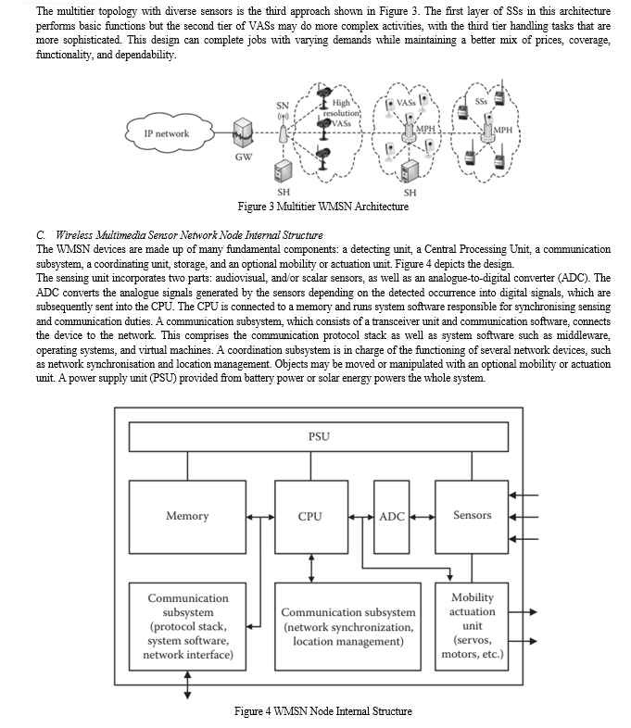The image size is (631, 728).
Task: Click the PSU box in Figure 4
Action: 319,436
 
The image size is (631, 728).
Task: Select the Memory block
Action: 187,517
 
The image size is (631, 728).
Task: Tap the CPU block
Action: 311,517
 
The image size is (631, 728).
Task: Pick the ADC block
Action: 391,517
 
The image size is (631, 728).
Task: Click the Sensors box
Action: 472,517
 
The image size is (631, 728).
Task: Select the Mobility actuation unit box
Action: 472,626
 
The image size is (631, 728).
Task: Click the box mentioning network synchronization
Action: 347,626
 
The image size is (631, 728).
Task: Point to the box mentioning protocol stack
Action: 187,626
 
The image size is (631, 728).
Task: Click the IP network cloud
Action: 169,133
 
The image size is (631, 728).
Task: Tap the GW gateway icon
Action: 243,133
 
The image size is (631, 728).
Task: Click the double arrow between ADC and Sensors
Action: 423,517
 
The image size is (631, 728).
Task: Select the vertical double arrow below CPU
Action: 311,569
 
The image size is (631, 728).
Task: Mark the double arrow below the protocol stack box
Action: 187,684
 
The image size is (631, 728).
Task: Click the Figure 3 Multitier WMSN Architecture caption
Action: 323,207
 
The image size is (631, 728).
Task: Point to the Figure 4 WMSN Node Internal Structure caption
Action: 323,711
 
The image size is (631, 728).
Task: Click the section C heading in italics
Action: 179,235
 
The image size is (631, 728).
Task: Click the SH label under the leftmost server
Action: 284,192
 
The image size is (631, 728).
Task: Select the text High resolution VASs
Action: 341,113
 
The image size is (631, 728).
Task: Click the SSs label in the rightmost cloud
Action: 481,101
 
